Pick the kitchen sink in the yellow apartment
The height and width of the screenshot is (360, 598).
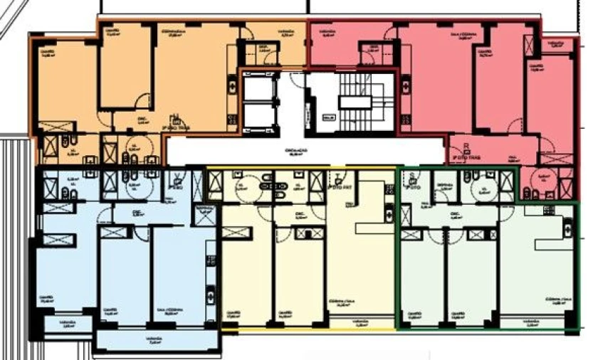click(388, 211)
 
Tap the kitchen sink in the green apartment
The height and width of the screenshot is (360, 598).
click(567, 228)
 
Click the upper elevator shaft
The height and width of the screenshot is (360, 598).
click(258, 88)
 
